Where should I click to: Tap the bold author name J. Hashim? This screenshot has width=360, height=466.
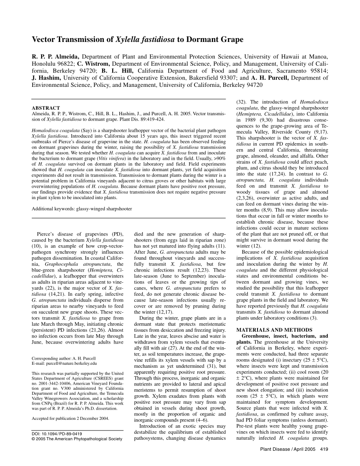49,78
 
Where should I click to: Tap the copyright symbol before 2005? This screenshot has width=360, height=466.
34,439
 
